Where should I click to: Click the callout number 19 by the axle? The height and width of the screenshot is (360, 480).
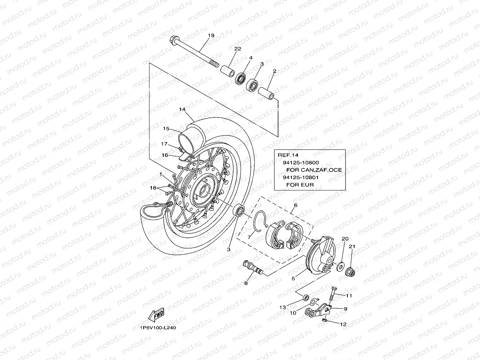(x=211, y=35)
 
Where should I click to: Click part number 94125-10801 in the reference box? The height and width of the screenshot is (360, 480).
(x=301, y=177)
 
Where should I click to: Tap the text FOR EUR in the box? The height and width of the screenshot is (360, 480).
(x=303, y=185)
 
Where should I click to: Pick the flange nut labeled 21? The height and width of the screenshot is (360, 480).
(x=350, y=272)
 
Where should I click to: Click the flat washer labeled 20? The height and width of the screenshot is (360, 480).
(x=339, y=267)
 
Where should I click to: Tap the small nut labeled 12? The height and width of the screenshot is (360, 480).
(x=324, y=321)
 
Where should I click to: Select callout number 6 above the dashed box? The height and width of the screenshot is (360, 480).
(x=295, y=205)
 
